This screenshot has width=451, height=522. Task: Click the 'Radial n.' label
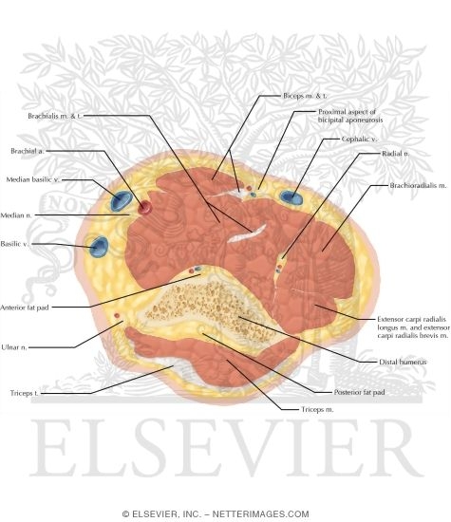[391, 153]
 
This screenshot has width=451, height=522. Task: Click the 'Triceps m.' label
[307, 408]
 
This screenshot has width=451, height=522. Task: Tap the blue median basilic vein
[121, 200]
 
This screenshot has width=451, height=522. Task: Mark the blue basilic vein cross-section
[98, 247]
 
